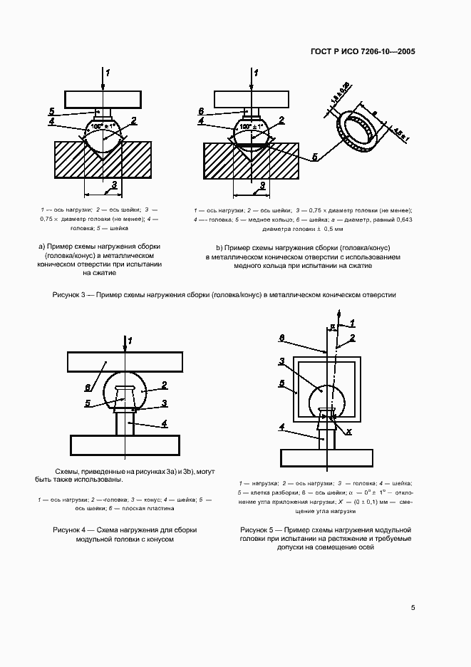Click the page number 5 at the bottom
click(x=413, y=607)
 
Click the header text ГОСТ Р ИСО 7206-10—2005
click(x=363, y=52)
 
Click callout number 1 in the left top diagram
click(x=108, y=73)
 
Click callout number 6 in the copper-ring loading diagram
click(x=201, y=111)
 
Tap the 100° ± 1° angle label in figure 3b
click(x=252, y=126)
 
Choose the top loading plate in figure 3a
click(x=103, y=98)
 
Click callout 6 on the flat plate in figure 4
click(x=88, y=386)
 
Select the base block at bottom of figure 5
click(x=326, y=455)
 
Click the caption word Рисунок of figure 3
click(x=69, y=294)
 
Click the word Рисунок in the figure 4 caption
click(x=69, y=530)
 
